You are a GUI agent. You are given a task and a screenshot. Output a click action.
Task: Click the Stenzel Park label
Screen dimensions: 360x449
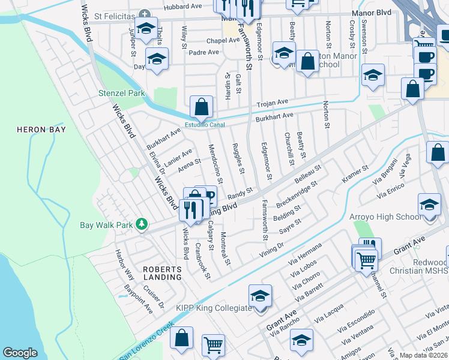[122, 94]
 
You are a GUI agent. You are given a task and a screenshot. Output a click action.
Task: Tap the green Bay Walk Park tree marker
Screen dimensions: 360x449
[142, 225]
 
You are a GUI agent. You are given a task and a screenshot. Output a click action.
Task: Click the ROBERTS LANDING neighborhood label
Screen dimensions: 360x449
[163, 274]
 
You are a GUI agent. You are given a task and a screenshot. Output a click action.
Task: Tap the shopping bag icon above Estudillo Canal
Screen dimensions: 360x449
[202, 107]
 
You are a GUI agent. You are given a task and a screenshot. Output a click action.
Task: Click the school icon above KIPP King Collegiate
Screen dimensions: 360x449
[260, 296]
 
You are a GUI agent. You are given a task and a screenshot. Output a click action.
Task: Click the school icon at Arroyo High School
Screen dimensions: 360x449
[429, 206]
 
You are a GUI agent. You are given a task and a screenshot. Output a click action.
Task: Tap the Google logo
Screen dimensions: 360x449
[20, 353]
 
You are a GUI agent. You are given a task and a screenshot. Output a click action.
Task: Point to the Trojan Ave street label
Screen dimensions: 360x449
[273, 103]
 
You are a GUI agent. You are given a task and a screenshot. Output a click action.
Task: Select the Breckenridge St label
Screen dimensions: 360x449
[296, 196]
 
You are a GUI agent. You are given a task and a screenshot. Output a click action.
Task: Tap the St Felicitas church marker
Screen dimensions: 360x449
[144, 14]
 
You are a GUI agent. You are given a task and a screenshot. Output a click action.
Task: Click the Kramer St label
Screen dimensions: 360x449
[354, 173]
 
